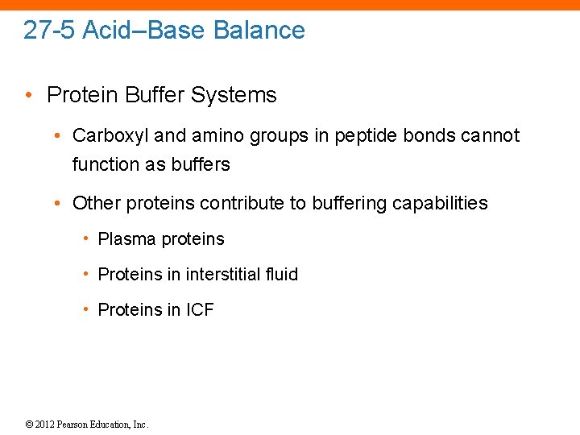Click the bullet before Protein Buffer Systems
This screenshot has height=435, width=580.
(x=29, y=95)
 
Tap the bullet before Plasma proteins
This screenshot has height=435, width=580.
(x=85, y=239)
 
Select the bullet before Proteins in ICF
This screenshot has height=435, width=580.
(x=85, y=310)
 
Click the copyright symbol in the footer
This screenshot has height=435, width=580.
(x=29, y=425)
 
